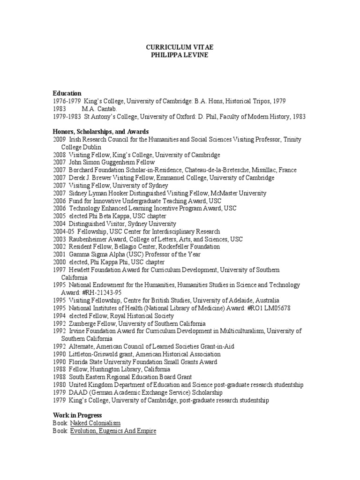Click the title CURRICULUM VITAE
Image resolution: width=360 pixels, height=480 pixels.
(x=180, y=47)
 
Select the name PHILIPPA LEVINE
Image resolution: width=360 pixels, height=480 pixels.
(x=180, y=55)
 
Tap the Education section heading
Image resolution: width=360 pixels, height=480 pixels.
(x=67, y=93)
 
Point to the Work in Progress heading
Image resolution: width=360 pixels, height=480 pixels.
(x=77, y=415)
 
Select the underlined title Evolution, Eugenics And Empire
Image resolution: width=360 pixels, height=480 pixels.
(x=113, y=431)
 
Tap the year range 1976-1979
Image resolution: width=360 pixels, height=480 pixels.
(x=67, y=101)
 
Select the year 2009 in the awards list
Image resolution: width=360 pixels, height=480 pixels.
(x=60, y=140)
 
